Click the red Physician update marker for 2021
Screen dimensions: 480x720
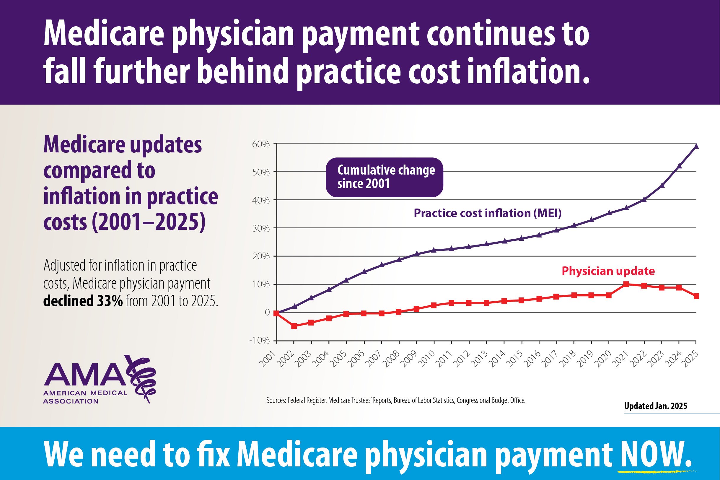coord(626,284)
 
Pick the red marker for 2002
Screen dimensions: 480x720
coord(294,326)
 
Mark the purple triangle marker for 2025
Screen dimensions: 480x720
coord(696,146)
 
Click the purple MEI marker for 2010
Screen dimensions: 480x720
coord(434,250)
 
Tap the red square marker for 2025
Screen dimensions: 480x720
coord(696,296)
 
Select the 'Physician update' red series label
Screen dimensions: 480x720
coord(608,271)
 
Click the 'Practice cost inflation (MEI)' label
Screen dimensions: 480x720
coord(488,213)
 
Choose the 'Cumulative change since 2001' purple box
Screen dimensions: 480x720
coord(384,177)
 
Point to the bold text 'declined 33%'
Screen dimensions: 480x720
coord(83,302)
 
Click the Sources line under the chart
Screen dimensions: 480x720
coord(396,401)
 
